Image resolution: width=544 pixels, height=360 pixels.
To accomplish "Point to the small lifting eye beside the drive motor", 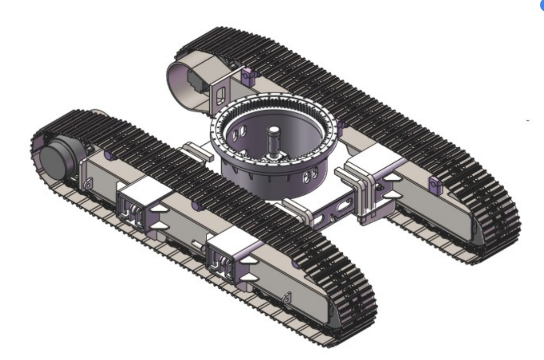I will (x=88, y=185).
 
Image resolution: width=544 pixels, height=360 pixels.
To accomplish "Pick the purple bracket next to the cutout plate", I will (x=247, y=75).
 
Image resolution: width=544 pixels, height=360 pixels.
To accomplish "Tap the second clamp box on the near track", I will (x=229, y=254).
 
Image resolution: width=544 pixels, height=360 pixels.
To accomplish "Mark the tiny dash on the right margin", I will (x=528, y=120).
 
